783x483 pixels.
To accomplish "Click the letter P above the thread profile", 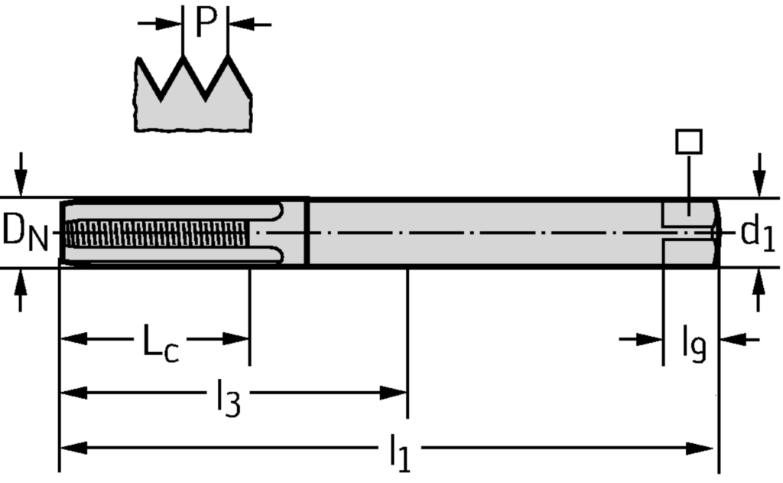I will click(206, 23).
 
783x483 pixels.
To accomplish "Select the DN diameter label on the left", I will click(25, 232).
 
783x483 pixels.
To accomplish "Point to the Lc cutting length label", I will click(161, 341).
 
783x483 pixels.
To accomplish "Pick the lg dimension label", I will click(694, 344).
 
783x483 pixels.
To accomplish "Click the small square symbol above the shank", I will click(689, 141).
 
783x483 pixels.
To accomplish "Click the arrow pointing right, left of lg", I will click(650, 339).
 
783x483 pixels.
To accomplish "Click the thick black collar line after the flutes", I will click(307, 233).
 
